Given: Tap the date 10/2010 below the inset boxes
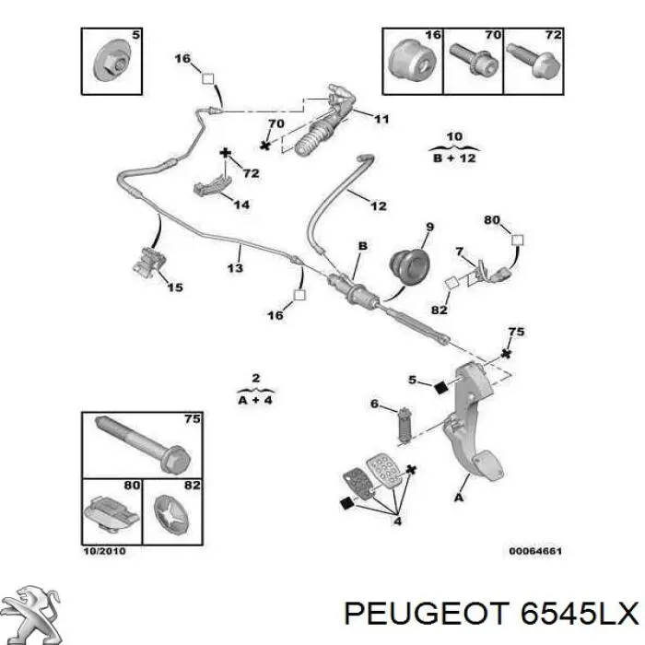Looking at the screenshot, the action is (104, 551).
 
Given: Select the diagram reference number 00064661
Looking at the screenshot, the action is (535, 551).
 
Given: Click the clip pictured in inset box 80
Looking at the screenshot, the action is (111, 513).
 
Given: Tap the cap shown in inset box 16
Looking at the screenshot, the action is (412, 60).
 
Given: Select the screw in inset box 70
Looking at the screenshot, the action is (474, 60).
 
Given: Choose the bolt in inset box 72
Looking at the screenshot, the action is (533, 60).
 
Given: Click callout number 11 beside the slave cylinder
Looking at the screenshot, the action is (381, 119).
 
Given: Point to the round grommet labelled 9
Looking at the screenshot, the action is (409, 266).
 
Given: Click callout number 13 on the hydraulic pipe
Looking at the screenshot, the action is (235, 268).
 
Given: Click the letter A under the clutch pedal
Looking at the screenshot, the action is (459, 498).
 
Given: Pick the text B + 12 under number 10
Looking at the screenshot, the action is (454, 158).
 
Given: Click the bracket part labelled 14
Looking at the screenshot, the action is (211, 184).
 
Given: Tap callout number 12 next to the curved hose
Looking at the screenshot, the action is (379, 205).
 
